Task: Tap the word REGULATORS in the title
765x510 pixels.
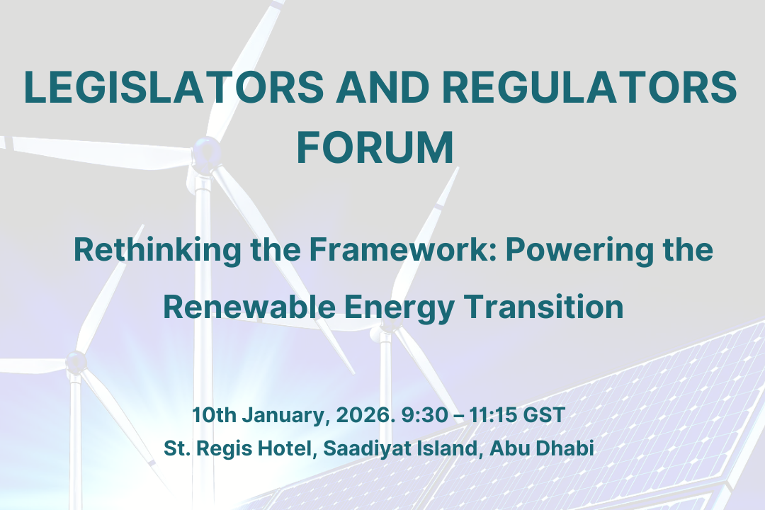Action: (x=589, y=87)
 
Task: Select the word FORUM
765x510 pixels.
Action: (x=375, y=147)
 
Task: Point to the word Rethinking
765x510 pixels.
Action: (x=157, y=250)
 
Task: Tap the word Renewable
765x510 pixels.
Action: (x=249, y=307)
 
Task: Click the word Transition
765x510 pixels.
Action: (x=543, y=307)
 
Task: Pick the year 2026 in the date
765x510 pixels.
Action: (x=365, y=415)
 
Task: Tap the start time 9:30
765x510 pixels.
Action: (x=424, y=415)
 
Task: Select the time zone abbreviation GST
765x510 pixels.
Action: (x=544, y=415)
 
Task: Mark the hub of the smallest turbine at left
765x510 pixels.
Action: (x=76, y=362)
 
